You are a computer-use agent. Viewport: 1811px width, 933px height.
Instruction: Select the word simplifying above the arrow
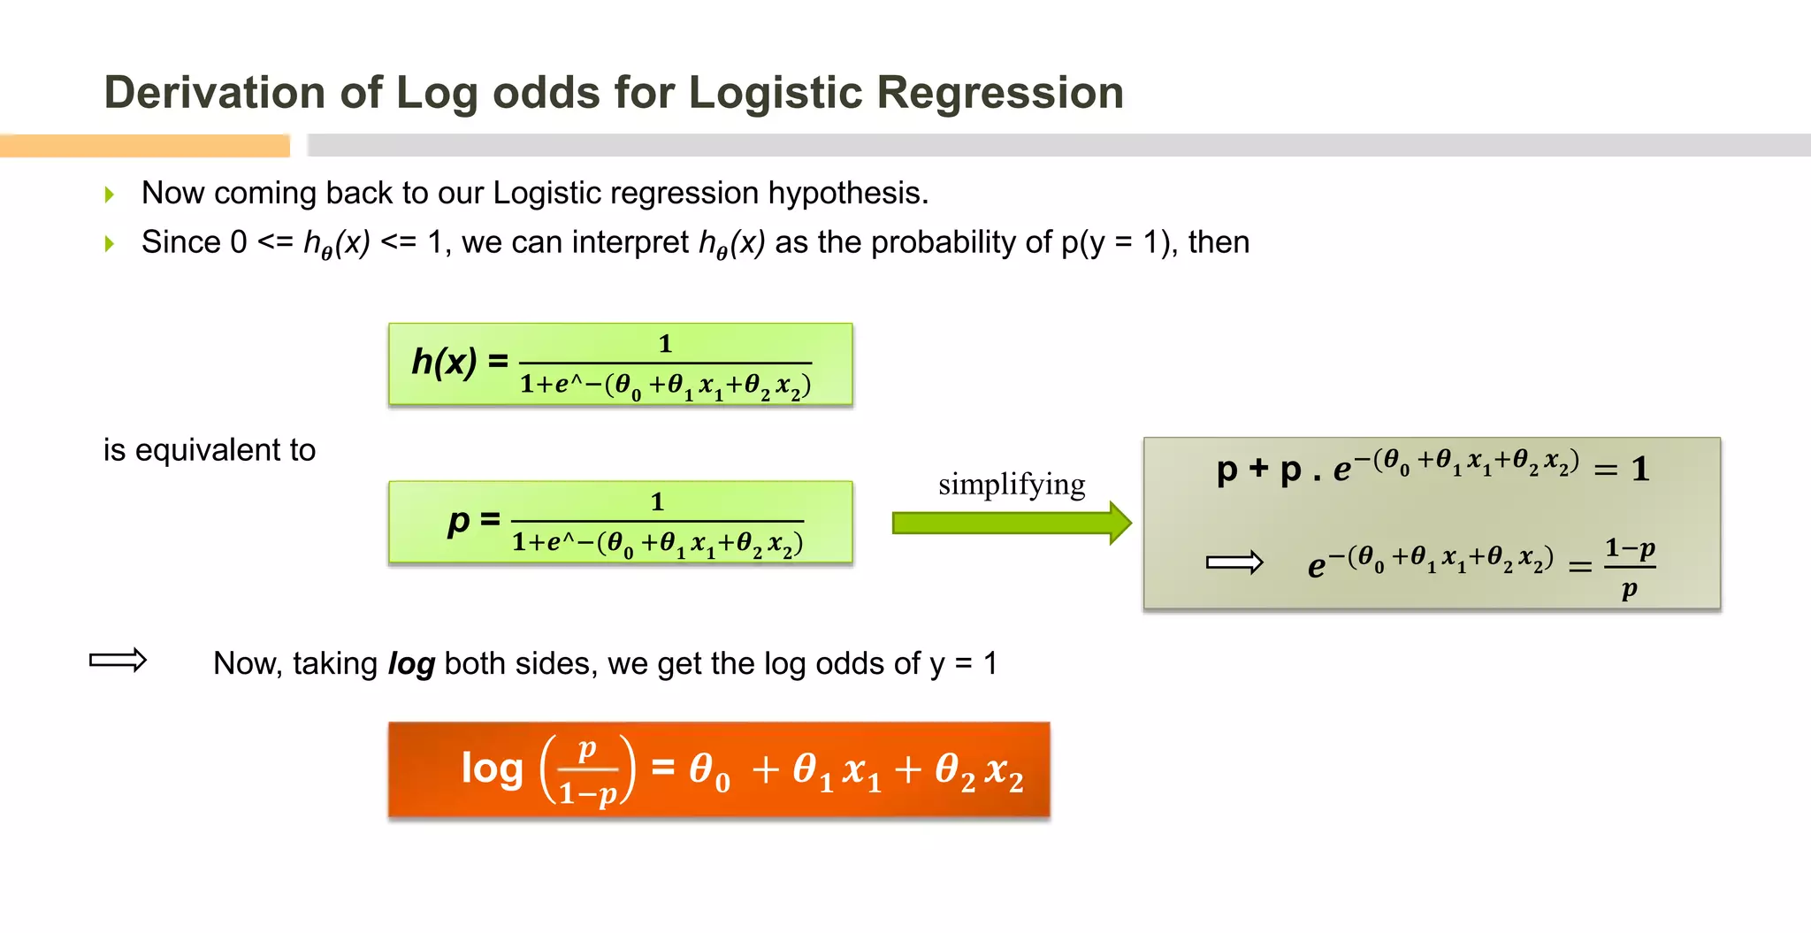point(1012,485)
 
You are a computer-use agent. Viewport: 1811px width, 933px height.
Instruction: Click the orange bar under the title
point(145,146)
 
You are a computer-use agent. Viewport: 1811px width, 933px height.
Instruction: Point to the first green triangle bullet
point(110,194)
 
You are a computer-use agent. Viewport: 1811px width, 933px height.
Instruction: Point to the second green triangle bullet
point(110,243)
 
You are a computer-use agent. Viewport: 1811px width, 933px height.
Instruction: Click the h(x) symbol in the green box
point(444,362)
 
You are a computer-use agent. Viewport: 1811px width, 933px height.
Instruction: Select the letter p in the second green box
point(458,521)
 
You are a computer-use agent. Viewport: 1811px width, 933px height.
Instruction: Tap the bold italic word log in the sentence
point(411,663)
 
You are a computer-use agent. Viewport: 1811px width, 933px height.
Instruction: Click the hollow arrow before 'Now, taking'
point(118,660)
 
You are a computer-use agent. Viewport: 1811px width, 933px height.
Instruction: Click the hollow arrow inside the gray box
point(1234,562)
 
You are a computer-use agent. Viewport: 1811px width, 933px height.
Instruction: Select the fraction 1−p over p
point(1630,568)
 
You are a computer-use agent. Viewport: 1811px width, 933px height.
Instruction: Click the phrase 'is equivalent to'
point(210,450)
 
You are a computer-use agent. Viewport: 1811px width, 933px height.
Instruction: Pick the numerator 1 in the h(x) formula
point(665,344)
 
